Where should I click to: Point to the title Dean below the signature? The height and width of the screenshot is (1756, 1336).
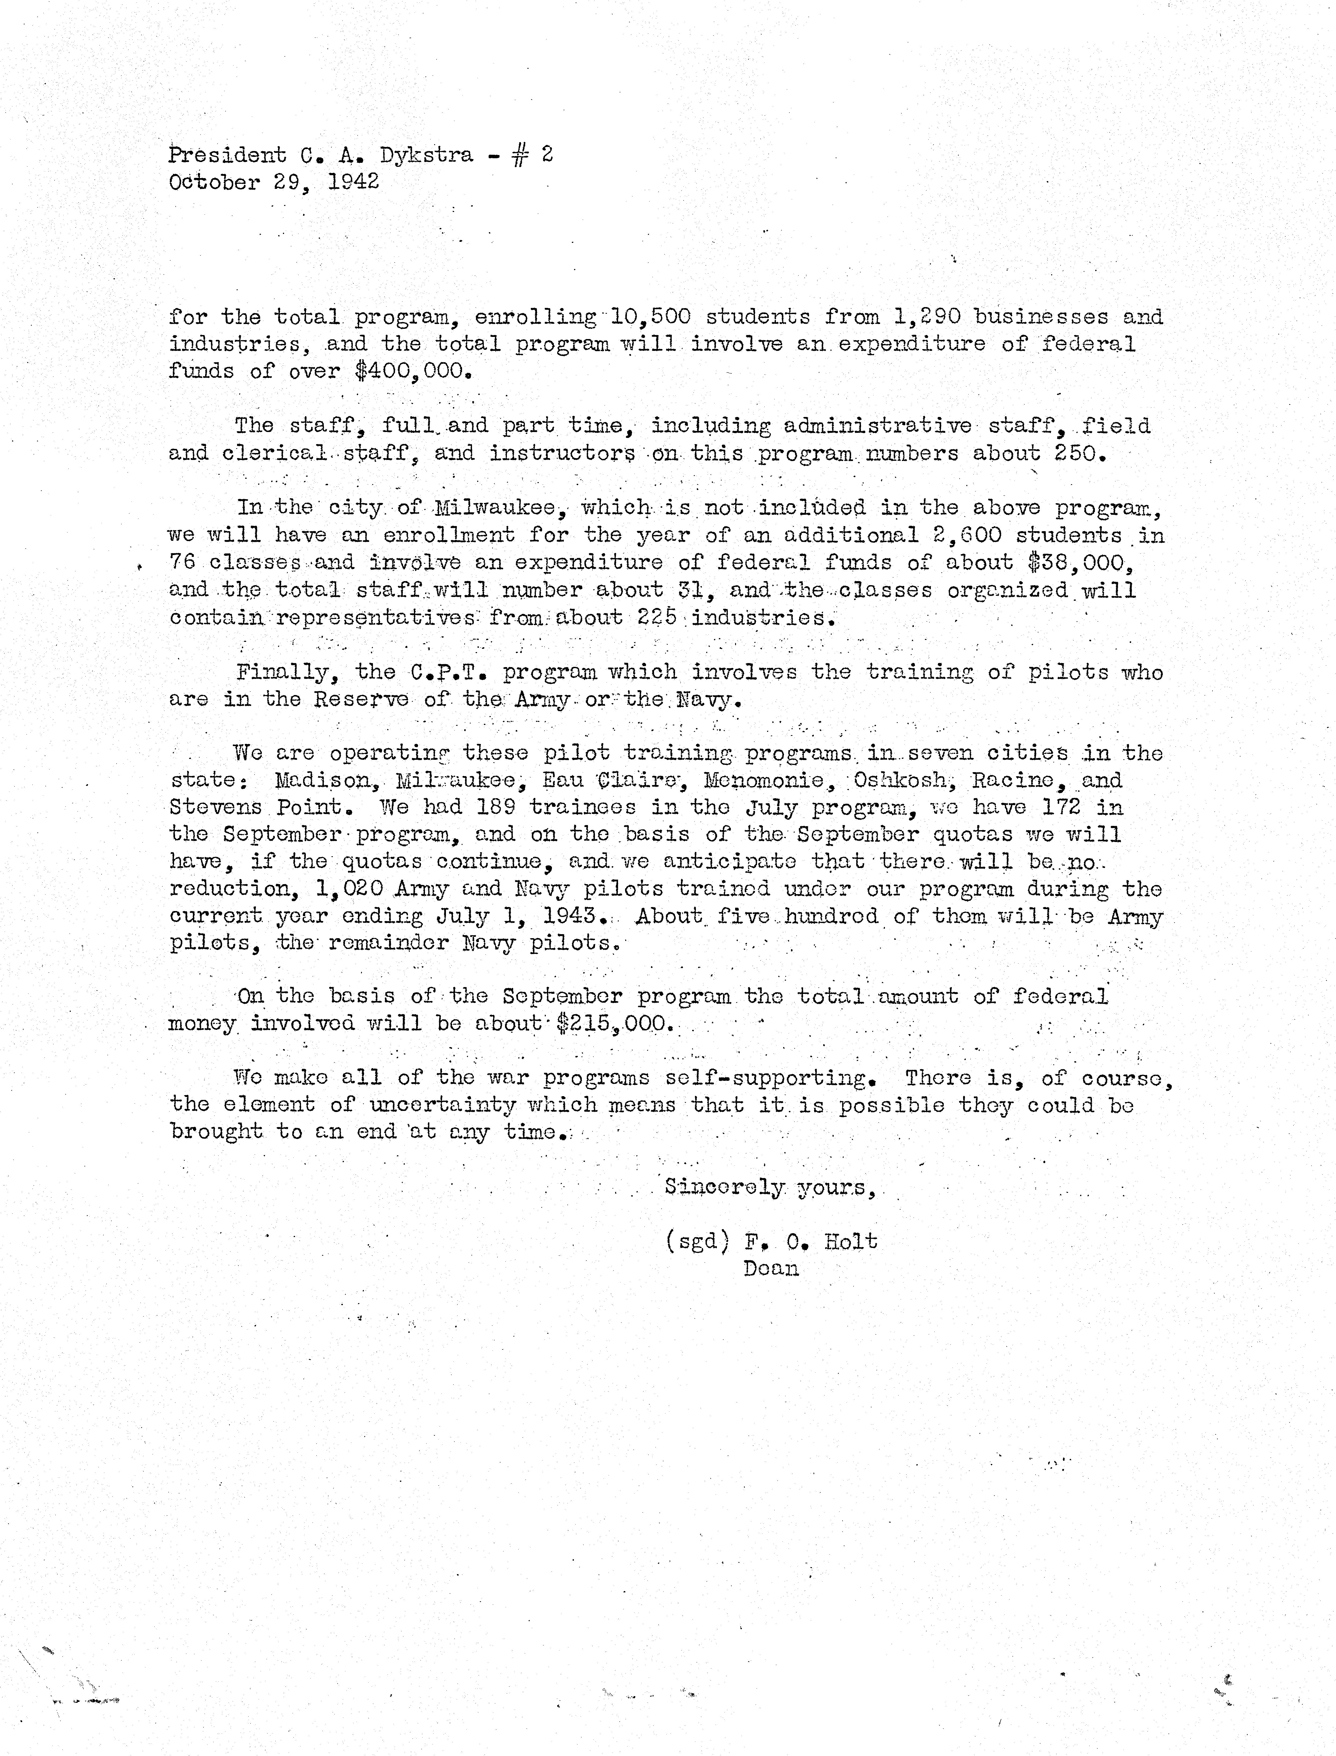tap(771, 1268)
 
